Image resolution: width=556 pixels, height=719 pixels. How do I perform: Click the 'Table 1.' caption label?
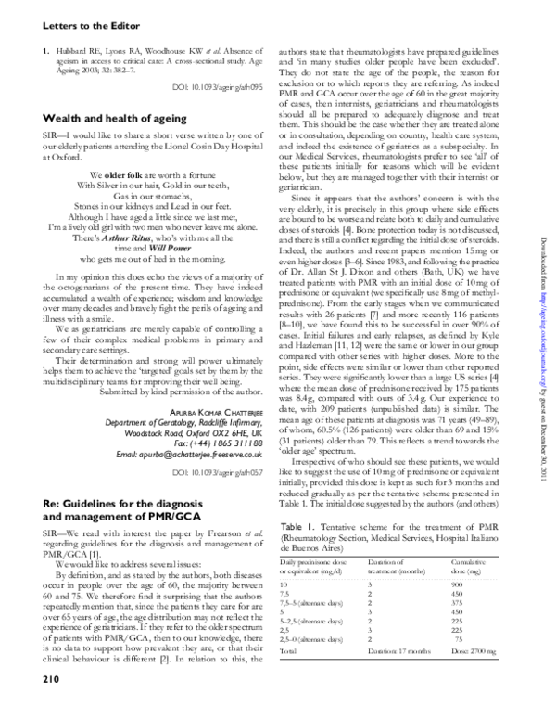(299, 525)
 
